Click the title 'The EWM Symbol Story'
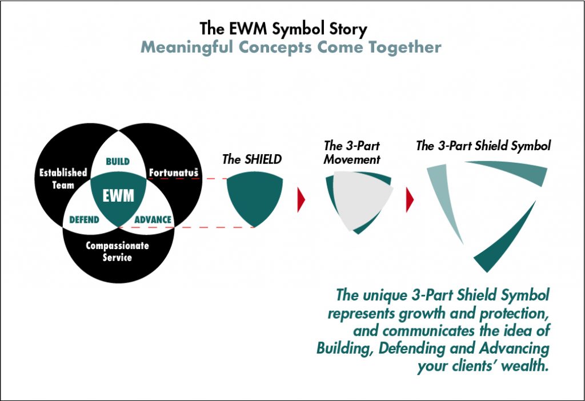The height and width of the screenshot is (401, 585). [x=283, y=29]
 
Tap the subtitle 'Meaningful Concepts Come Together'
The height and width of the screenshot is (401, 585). [x=291, y=47]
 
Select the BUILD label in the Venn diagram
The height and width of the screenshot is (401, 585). [x=118, y=162]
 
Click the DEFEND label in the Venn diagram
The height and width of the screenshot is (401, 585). [x=85, y=220]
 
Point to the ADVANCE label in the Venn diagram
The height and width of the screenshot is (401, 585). [x=153, y=220]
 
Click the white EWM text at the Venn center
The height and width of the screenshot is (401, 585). [x=118, y=195]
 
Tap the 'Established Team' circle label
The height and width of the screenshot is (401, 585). [x=63, y=179]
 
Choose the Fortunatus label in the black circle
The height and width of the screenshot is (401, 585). [x=174, y=173]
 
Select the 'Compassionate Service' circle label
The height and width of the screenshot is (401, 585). [x=117, y=251]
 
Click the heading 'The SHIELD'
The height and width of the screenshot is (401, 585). [x=252, y=159]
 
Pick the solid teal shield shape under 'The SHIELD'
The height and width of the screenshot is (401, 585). [x=255, y=198]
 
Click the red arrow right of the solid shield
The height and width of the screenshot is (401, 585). [x=300, y=200]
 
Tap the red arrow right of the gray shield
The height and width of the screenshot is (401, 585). [x=410, y=200]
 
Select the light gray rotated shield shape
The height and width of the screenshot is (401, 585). [x=360, y=199]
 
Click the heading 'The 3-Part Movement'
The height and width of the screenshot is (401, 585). [x=352, y=153]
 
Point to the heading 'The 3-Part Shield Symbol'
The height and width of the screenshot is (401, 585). [x=483, y=146]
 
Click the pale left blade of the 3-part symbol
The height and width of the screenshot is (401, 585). [x=443, y=198]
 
